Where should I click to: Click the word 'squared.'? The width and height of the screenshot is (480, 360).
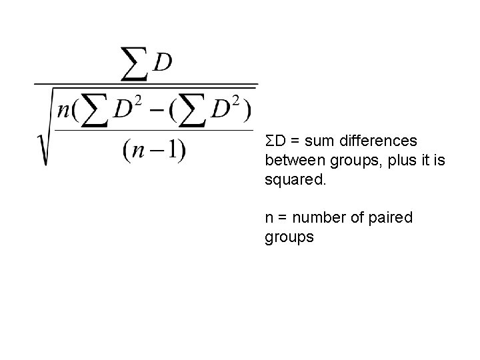click(294, 180)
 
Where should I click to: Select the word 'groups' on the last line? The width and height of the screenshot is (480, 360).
click(289, 237)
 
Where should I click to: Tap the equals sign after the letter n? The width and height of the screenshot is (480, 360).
click(279, 217)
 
